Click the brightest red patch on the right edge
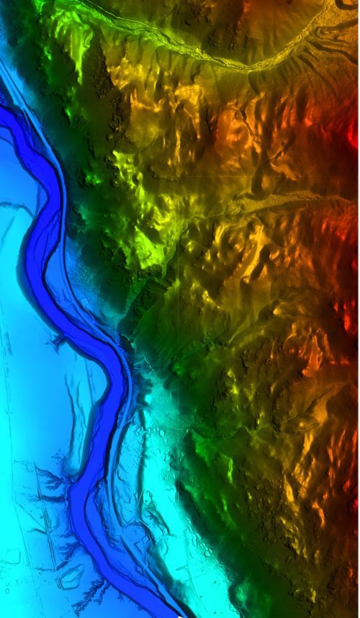tap(354, 134)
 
